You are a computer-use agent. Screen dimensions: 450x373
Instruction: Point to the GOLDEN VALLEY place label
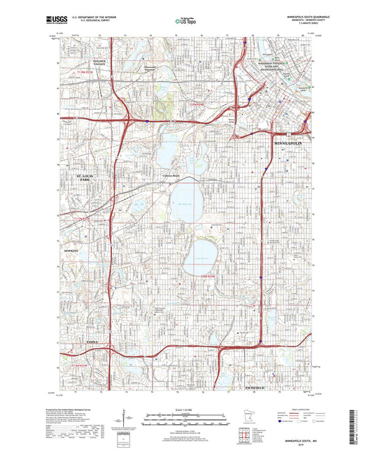[x=98, y=64]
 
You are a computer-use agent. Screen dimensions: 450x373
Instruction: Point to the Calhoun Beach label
[x=173, y=175]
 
